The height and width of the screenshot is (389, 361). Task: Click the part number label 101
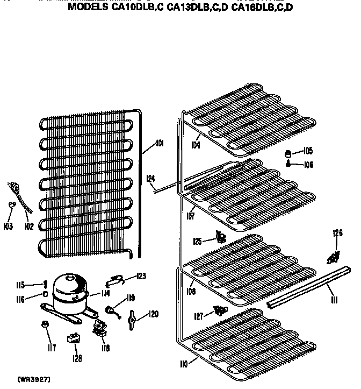[x=160, y=143]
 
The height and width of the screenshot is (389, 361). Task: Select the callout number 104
[x=195, y=145]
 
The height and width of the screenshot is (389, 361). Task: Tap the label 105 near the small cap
[x=308, y=151]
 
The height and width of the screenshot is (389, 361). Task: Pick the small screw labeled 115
[x=46, y=284]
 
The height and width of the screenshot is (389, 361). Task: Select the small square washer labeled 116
[x=46, y=295]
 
